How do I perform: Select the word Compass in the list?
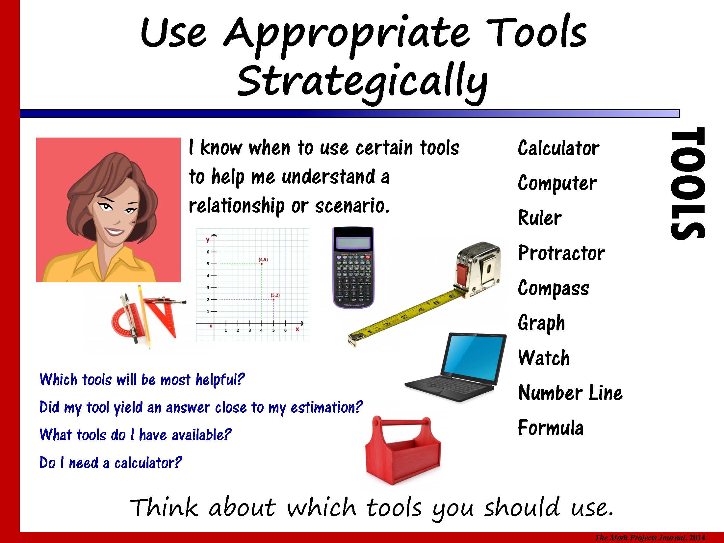[x=554, y=289]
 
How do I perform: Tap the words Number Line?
[x=570, y=393]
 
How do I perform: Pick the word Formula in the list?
[x=551, y=427]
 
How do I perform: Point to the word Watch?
[x=544, y=358]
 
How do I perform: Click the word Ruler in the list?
[x=540, y=218]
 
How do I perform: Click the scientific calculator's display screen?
[x=353, y=243]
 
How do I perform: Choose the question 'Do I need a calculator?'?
[x=111, y=462]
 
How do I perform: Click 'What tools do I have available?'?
[x=136, y=434]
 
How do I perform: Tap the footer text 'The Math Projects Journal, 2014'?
[x=650, y=538]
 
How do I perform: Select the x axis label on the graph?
[x=297, y=329]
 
